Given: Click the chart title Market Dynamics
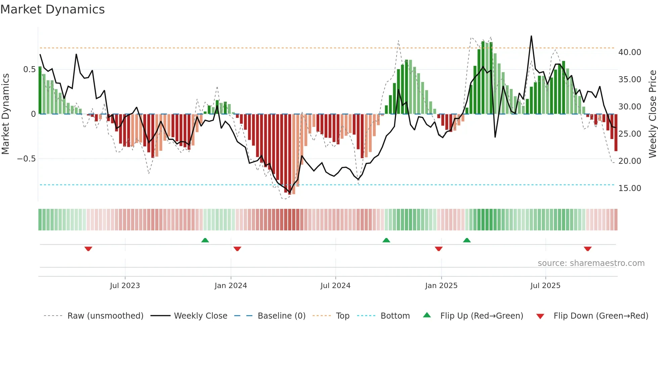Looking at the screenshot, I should (52, 9).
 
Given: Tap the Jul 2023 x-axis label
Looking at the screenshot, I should (125, 286).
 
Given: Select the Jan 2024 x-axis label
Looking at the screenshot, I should (231, 286).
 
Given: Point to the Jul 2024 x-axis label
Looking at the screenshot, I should (335, 286).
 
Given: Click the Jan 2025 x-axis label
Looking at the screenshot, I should (441, 286).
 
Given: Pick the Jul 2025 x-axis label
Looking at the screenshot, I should (546, 286).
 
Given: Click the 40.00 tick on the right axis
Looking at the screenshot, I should (630, 52).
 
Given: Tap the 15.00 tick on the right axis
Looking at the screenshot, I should (630, 188).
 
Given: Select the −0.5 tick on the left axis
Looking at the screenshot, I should (27, 159).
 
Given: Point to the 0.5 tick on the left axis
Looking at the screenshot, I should (29, 70).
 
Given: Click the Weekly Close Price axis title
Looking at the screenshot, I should (652, 114).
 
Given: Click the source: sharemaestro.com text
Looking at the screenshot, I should (591, 263).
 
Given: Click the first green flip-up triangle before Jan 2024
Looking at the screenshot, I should (205, 240).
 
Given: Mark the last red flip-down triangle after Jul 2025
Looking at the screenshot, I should (587, 249).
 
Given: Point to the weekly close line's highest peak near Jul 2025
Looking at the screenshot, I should (531, 36).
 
